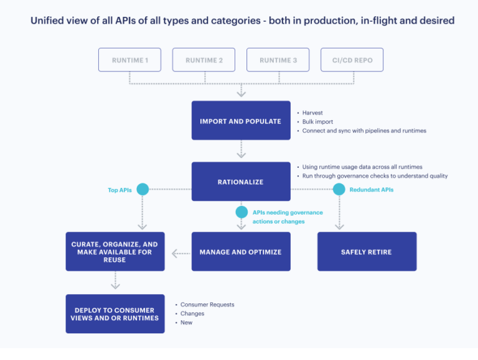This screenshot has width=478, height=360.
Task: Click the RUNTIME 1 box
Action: (129, 60)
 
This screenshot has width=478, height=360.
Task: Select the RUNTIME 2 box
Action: (204, 60)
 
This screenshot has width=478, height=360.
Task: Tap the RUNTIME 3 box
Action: (278, 60)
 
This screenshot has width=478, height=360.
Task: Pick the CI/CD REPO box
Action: (352, 60)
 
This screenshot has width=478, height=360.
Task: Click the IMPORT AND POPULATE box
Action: (240, 121)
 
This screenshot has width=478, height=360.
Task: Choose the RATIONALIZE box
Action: (240, 182)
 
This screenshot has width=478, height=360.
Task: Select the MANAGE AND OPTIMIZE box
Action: (240, 252)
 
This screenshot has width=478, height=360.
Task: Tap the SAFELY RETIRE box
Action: (367, 252)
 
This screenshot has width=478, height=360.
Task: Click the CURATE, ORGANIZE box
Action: (115, 252)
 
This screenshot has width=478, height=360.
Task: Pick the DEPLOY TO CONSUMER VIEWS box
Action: (115, 313)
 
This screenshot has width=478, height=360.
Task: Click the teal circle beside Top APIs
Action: (143, 190)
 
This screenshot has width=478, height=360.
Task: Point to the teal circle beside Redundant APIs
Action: (339, 190)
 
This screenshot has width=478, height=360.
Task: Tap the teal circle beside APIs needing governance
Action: (241, 212)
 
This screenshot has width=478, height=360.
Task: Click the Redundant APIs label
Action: (371, 190)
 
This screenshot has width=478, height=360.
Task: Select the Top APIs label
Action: (119, 190)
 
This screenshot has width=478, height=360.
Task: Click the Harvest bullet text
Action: (312, 113)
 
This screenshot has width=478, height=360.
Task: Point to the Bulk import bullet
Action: (318, 122)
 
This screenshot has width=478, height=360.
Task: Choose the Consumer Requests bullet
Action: (207, 305)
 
